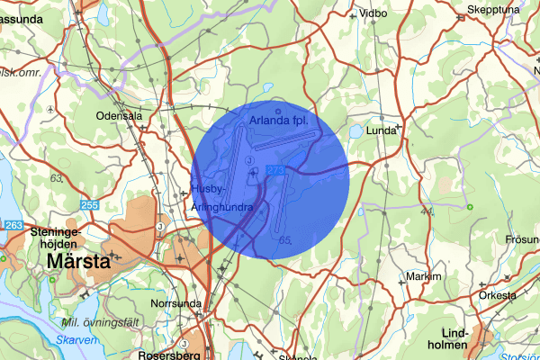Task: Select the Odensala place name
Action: [x=121, y=116]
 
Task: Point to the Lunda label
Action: [x=382, y=130]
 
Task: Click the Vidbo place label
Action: [x=372, y=13]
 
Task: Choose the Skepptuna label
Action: [x=493, y=11]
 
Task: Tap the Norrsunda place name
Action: [x=175, y=303]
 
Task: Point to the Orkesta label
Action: [x=497, y=295]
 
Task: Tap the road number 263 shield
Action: [x=13, y=225]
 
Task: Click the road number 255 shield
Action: [x=89, y=206]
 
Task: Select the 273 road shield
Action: [x=275, y=169]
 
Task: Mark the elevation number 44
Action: [x=427, y=211]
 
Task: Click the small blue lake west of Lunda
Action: [x=355, y=130]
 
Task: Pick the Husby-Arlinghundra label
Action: [x=220, y=198]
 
